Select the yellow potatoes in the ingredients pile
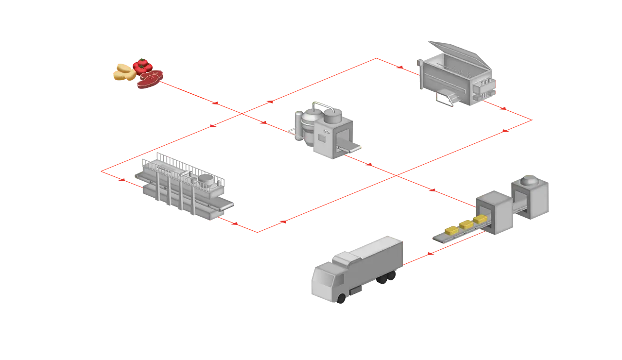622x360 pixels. tap(124, 72)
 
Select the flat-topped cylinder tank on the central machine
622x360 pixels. tap(333, 116)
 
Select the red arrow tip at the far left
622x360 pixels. tap(103, 171)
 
